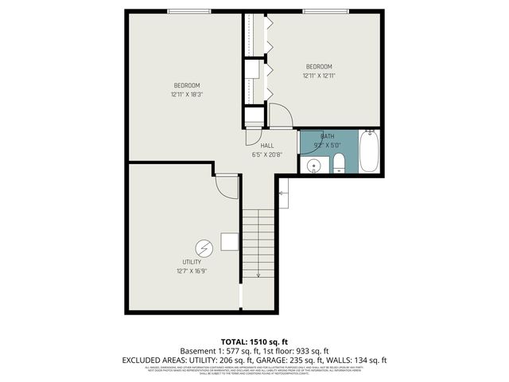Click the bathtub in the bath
(369, 154)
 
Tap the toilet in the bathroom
(339, 164)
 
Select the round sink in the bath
(315, 166)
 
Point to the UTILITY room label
(192, 262)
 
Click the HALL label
(267, 146)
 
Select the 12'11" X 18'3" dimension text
(187, 95)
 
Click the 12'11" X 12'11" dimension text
(319, 76)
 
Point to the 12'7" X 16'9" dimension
(192, 271)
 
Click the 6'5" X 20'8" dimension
(267, 154)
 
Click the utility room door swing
(227, 188)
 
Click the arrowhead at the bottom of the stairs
(258, 275)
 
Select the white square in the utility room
(230, 241)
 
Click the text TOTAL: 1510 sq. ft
(254, 341)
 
